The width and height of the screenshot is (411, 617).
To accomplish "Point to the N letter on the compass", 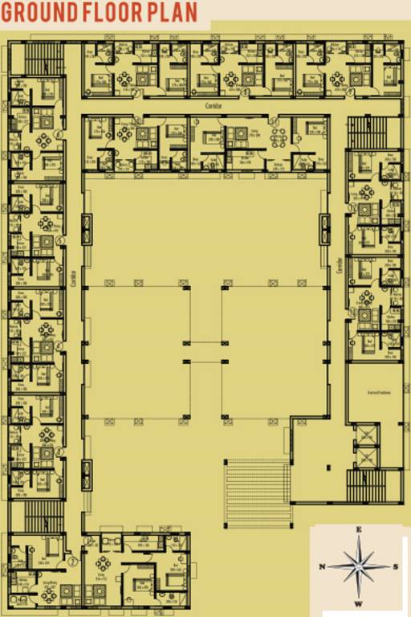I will point(322,566).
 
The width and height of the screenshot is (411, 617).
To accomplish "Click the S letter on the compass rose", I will point(397,566).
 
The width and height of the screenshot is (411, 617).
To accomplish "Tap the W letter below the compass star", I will point(360,603).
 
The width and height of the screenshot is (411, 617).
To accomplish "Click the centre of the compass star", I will point(360,566).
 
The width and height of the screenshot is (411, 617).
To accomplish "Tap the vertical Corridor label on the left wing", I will point(73,277).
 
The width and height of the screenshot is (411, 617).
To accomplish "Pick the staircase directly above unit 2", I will point(45,517).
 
